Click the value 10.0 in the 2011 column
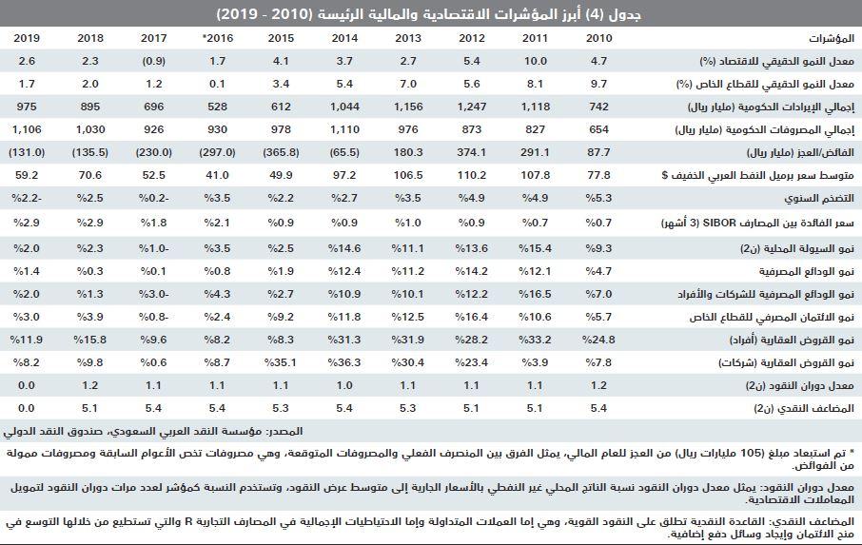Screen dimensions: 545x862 coord(536,61)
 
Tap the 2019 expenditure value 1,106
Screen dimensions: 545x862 coord(28,128)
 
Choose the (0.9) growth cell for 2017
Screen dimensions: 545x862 coord(152,61)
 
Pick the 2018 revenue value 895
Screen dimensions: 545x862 coord(90,106)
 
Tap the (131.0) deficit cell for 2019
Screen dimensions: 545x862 coord(28,151)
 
